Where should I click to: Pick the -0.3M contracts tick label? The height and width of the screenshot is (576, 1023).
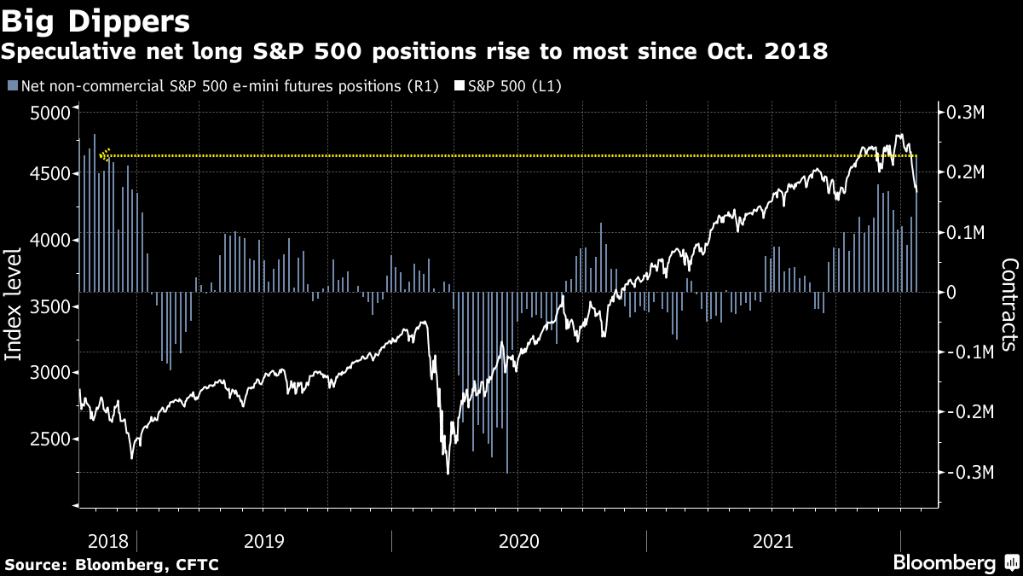(x=965, y=473)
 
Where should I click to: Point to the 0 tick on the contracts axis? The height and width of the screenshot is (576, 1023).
(x=956, y=293)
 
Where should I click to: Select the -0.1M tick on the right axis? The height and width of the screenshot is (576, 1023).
(x=965, y=352)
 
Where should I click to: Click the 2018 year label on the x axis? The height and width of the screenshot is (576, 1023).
(x=107, y=541)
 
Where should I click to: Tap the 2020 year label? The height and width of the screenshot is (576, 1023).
(x=518, y=541)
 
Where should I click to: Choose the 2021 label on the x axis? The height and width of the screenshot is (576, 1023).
(x=773, y=541)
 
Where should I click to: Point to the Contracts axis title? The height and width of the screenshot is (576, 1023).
(x=1009, y=305)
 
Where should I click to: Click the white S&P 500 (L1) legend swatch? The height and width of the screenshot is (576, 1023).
(x=459, y=85)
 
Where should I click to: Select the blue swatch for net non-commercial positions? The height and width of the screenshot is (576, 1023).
(x=12, y=85)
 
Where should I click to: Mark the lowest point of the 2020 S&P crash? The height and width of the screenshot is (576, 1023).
(x=448, y=474)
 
